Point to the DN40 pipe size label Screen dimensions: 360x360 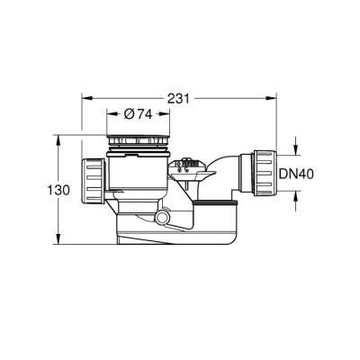tap(320, 174)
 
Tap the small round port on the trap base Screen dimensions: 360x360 tap(162, 219)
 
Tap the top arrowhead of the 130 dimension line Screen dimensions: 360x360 tap(60, 139)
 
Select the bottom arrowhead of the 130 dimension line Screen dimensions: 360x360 tap(60, 243)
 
